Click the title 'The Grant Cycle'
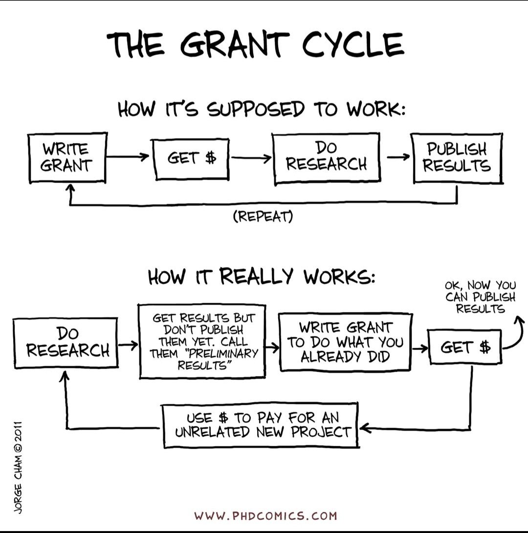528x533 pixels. [256, 44]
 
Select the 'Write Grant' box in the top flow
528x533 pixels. [67, 158]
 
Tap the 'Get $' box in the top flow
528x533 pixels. [191, 159]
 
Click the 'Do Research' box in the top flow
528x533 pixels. [326, 158]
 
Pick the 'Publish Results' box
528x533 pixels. [457, 158]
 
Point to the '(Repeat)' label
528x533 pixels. [263, 216]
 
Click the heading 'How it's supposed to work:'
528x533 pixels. [262, 108]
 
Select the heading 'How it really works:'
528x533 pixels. [262, 277]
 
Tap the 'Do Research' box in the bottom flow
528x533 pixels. [67, 342]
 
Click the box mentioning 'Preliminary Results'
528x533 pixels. [203, 341]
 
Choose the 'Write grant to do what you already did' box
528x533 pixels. [345, 342]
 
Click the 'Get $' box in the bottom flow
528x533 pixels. [465, 347]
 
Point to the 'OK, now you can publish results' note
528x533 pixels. [480, 297]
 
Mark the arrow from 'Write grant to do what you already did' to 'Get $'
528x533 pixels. [419, 348]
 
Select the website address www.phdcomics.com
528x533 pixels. [265, 516]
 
